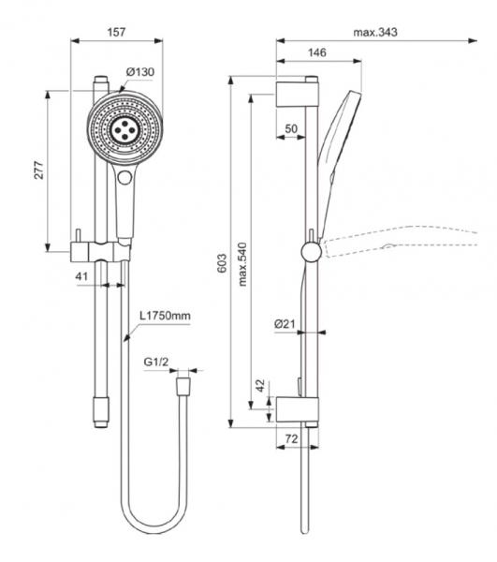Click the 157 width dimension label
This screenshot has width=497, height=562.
pos(116,32)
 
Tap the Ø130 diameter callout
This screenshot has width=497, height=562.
pos(139,72)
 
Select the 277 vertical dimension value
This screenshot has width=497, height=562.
pos(40,170)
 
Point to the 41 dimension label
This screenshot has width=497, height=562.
pos(82,277)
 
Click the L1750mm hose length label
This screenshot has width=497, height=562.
pos(166,317)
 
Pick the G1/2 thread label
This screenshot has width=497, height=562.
pos(155,361)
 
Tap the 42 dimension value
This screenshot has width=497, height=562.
pos(261,385)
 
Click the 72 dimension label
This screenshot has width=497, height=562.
pos(291,438)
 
